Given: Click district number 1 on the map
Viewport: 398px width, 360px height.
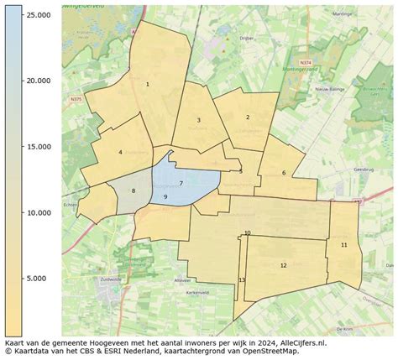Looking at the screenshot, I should (148, 84).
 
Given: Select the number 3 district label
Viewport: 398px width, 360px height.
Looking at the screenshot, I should (198, 121).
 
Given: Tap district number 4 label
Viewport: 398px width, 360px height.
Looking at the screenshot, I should (121, 152).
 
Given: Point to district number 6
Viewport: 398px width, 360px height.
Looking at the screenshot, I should (284, 173).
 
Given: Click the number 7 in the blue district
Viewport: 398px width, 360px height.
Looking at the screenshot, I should (181, 182).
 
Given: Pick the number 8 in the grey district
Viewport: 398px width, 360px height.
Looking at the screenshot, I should (133, 191).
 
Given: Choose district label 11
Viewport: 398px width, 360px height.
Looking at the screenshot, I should (344, 244).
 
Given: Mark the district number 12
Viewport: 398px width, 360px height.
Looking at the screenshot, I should (283, 265).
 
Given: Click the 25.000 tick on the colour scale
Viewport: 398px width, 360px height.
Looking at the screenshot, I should (36, 15).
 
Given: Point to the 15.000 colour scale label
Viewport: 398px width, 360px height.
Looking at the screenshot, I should (36, 147).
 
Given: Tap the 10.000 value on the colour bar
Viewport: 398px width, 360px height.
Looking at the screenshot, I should (36, 213).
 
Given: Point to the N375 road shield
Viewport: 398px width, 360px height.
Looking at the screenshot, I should (76, 98).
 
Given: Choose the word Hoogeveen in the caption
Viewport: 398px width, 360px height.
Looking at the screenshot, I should (108, 343).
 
